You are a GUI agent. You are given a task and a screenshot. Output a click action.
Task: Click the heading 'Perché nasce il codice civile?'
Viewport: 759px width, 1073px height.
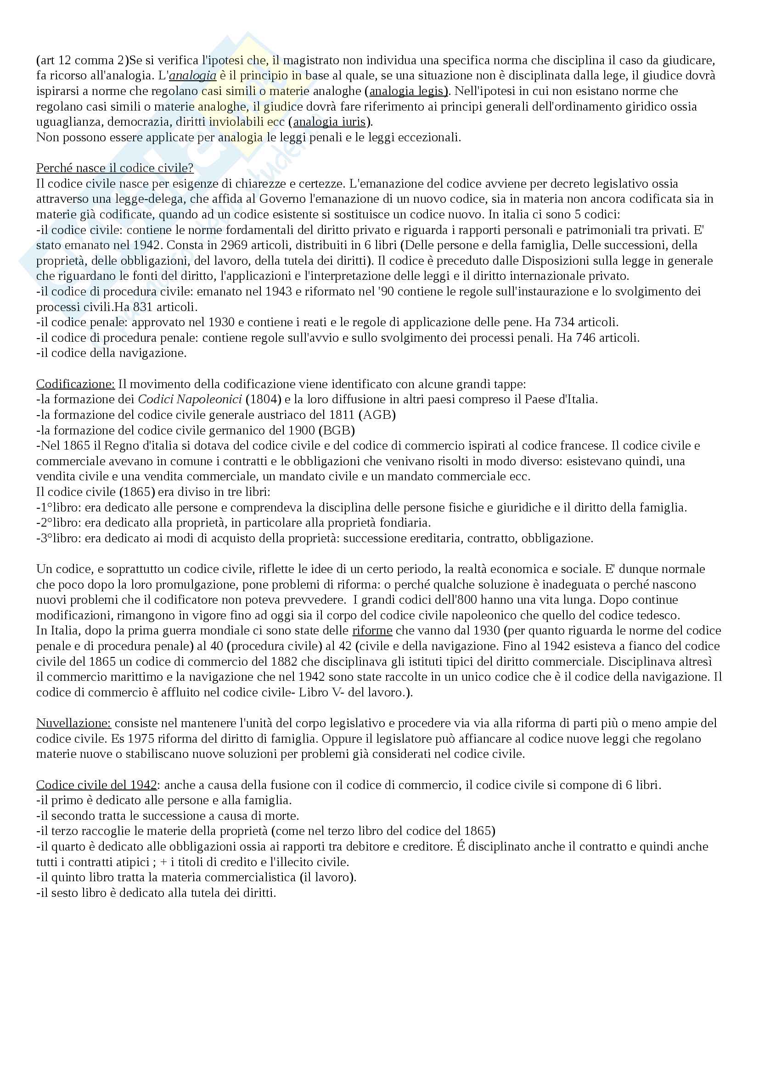click(115, 168)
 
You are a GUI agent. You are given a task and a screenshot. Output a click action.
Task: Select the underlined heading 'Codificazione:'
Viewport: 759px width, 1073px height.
click(75, 384)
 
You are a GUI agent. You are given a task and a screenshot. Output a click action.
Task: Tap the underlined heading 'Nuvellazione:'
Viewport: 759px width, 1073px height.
click(73, 723)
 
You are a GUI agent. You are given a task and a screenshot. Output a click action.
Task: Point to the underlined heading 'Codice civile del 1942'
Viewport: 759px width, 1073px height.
click(96, 784)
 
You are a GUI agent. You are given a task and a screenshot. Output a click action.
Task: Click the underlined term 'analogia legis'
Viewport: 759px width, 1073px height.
click(406, 91)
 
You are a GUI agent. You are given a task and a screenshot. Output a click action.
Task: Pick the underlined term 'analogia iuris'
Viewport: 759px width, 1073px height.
click(329, 122)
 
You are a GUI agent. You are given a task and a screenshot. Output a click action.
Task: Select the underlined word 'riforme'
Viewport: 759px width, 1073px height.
click(372, 630)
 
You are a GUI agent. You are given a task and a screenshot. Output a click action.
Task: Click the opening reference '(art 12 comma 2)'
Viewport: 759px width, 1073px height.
click(82, 60)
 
